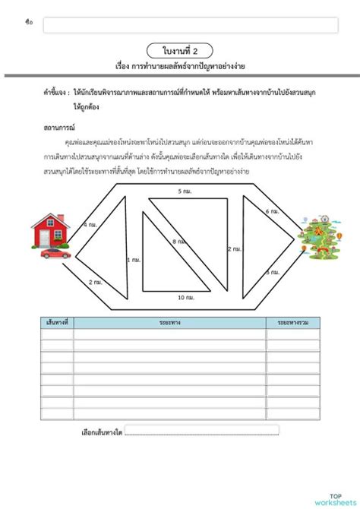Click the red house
click(51, 232)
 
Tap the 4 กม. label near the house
click(90, 225)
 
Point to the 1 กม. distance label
click(134, 259)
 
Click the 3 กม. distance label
click(272, 271)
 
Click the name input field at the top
click(190, 25)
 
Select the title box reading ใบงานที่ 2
click(180, 50)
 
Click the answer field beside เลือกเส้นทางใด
click(202, 430)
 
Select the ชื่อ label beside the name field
click(29, 24)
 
